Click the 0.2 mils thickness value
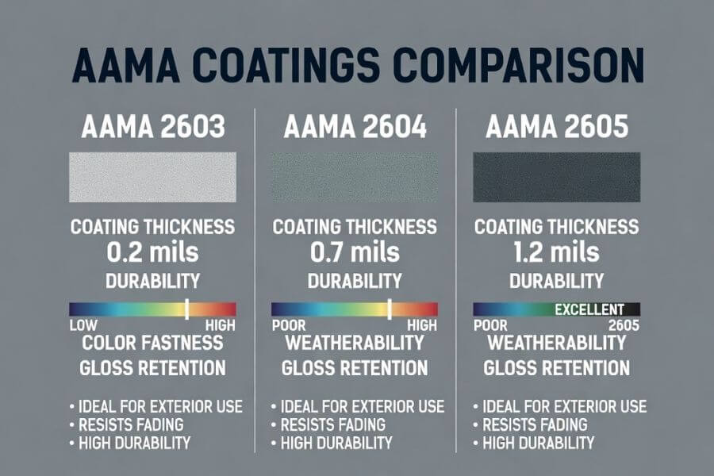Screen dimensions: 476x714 [153, 253]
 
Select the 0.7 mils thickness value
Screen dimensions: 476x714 [355, 253]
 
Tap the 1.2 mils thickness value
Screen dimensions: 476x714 [556, 253]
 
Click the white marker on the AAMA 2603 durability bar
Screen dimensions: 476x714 [186, 309]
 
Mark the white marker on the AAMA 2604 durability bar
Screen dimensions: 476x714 [390, 309]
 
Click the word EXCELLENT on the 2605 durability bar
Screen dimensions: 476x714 [590, 309]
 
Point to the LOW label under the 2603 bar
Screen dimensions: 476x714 [83, 325]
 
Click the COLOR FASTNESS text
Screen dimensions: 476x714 [153, 344]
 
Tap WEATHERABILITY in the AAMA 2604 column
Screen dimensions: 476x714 [355, 344]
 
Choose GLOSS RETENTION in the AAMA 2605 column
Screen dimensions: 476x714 [556, 368]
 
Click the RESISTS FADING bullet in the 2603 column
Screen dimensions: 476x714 [132, 424]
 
